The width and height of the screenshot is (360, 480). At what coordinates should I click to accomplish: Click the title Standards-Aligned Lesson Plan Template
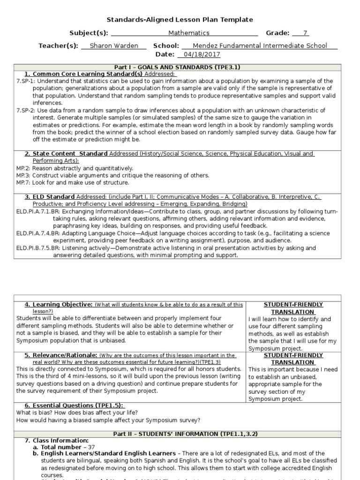[180, 20]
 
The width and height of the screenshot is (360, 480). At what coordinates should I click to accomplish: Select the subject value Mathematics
[189, 33]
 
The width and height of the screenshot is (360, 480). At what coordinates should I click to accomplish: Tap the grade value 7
[305, 33]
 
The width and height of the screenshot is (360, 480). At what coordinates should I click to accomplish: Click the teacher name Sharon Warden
[113, 46]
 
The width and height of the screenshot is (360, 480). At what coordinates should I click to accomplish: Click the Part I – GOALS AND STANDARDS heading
[180, 67]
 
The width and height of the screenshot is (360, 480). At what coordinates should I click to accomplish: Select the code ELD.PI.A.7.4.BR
[39, 233]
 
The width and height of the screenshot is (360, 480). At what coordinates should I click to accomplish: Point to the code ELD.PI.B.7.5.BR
[39, 248]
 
